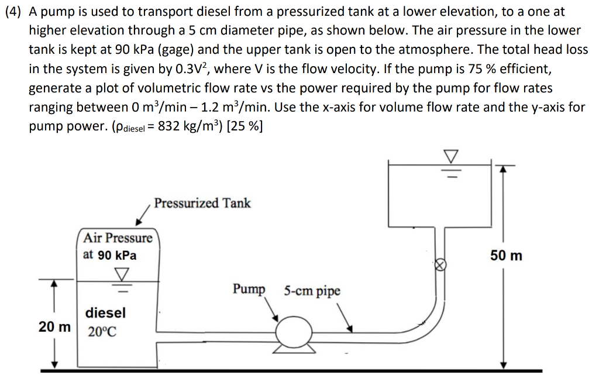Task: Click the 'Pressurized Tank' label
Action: pos(202,203)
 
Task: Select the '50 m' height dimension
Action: pos(506,256)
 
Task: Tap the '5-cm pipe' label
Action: pos(312,291)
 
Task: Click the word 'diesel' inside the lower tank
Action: pos(105,312)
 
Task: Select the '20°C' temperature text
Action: pos(102,332)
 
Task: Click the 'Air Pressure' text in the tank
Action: pos(118,238)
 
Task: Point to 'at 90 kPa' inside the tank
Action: pos(110,255)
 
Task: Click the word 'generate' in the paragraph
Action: pos(53,88)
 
